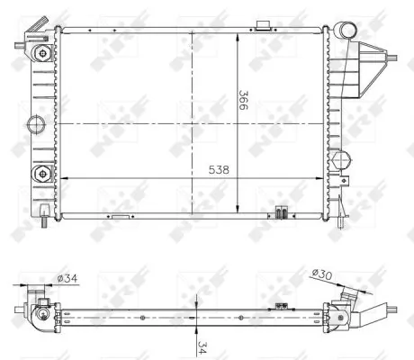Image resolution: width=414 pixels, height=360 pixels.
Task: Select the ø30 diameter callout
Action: click(321, 273)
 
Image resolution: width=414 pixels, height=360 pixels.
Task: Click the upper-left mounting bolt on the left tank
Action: click(40, 54)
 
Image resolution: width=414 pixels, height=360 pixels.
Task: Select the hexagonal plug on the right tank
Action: click(338, 162)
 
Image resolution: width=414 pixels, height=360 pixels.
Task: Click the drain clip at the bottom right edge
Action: click(281, 213)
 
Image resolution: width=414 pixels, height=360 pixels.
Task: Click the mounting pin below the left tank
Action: click(45, 216)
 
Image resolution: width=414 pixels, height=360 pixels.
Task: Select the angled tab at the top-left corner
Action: click(27, 37)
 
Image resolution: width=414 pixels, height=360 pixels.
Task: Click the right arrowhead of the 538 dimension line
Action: click(323, 178)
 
